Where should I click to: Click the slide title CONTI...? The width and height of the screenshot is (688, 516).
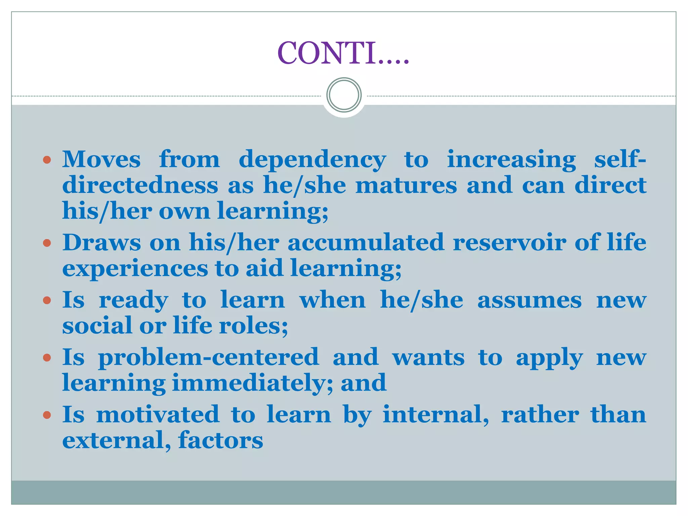pyautogui.click(x=343, y=53)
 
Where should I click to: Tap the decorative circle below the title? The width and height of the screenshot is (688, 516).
pyautogui.click(x=344, y=95)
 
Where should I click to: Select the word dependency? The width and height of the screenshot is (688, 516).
pyautogui.click(x=312, y=160)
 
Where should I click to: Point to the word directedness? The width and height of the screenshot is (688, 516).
pyautogui.click(x=140, y=185)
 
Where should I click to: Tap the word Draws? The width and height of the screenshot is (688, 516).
pyautogui.click(x=101, y=242)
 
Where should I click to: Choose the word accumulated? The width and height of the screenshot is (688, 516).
pyautogui.click(x=366, y=242)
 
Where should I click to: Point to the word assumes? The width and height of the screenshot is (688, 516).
pyautogui.click(x=529, y=300)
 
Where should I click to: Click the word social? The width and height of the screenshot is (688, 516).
pyautogui.click(x=97, y=326)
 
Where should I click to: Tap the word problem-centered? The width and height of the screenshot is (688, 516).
pyautogui.click(x=208, y=357)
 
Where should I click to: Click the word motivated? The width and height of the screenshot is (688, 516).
pyautogui.click(x=158, y=414)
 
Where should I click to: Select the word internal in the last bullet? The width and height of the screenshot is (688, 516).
pyautogui.click(x=436, y=414)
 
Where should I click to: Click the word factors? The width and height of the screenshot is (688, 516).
pyautogui.click(x=220, y=440)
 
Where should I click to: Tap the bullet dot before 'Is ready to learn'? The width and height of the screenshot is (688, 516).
pyautogui.click(x=47, y=300)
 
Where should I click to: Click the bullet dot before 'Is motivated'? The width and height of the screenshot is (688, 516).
pyautogui.click(x=47, y=415)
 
